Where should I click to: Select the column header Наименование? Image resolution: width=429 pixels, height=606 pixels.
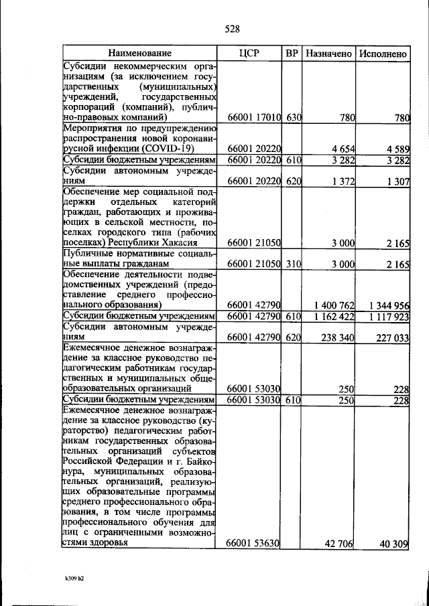141,52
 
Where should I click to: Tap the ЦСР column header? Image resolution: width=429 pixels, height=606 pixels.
249,52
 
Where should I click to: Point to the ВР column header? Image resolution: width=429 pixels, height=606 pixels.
291,52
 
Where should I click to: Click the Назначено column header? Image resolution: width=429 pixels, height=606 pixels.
328,52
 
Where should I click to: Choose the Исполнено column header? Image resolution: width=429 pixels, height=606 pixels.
382,52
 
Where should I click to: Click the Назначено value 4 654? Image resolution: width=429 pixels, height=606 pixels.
342,149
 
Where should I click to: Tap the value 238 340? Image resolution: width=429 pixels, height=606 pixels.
337,339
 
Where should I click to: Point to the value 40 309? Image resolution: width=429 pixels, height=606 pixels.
393,544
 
